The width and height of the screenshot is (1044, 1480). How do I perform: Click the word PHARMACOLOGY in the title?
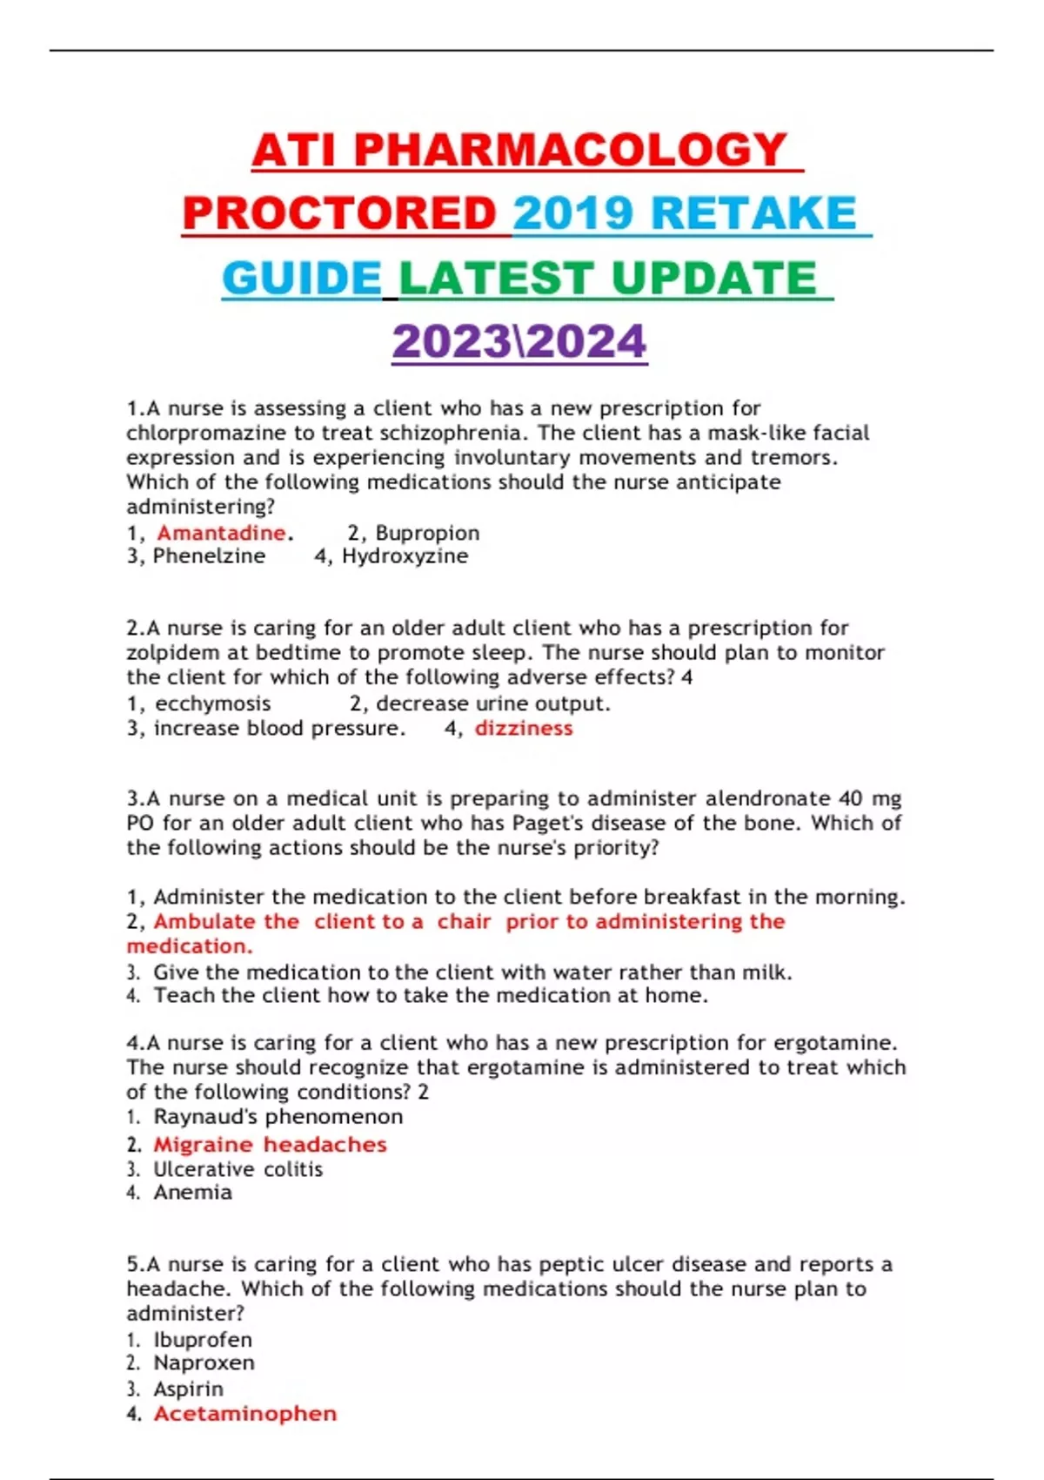click(570, 150)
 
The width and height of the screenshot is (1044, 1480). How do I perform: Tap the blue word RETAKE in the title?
click(753, 214)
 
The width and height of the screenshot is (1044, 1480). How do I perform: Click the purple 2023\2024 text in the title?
click(519, 341)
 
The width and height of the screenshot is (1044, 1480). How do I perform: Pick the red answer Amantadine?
click(221, 533)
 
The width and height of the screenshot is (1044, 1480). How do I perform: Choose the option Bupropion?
click(427, 533)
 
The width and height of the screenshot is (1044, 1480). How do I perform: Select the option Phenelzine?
click(209, 556)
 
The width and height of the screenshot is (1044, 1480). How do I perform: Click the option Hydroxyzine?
click(405, 556)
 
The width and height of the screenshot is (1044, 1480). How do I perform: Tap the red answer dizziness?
click(524, 729)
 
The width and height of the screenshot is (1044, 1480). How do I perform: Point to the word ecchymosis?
click(213, 703)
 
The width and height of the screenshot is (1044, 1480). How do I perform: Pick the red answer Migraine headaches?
click(271, 1145)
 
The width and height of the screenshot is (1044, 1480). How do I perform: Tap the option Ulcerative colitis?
click(238, 1169)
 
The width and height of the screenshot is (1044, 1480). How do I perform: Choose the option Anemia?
click(193, 1193)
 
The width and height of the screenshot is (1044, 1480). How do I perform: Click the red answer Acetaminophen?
click(245, 1414)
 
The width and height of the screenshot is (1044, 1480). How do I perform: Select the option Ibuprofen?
click(203, 1340)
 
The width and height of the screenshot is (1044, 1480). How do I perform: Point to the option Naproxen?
click(204, 1363)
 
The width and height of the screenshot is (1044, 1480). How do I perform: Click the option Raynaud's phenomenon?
click(278, 1117)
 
